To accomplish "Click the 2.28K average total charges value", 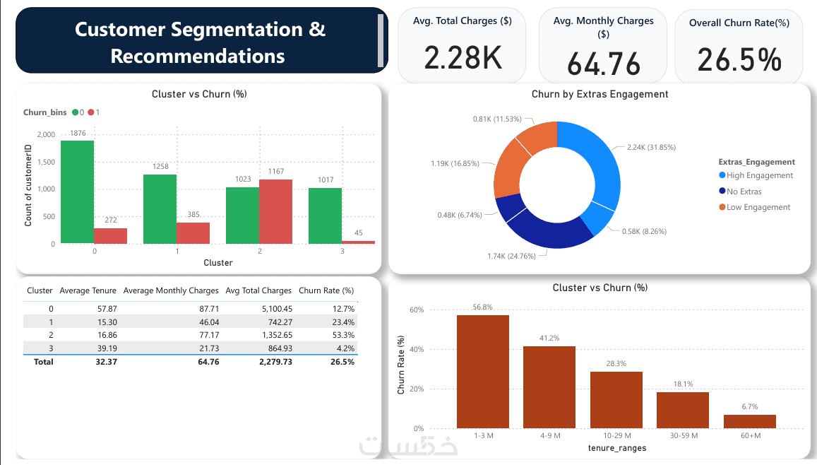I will coord(463,57).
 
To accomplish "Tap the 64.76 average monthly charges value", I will coord(603,64).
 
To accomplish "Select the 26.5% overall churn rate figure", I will coord(739,59).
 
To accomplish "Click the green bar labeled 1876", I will coord(77,192).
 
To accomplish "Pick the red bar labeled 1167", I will coord(275,211).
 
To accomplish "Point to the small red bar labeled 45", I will coord(358,242).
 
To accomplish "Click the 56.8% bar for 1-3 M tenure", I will coord(483,371).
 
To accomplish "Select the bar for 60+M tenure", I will coord(749,421).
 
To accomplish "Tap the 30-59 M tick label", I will coord(683,436).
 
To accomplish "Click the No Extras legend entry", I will coord(744,192).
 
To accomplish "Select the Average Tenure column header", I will coord(88,290).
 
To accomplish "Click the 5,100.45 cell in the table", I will coord(272,309).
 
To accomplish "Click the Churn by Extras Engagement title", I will coord(600,94).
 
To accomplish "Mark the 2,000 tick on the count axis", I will coord(44,135).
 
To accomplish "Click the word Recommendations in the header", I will coord(198,57).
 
